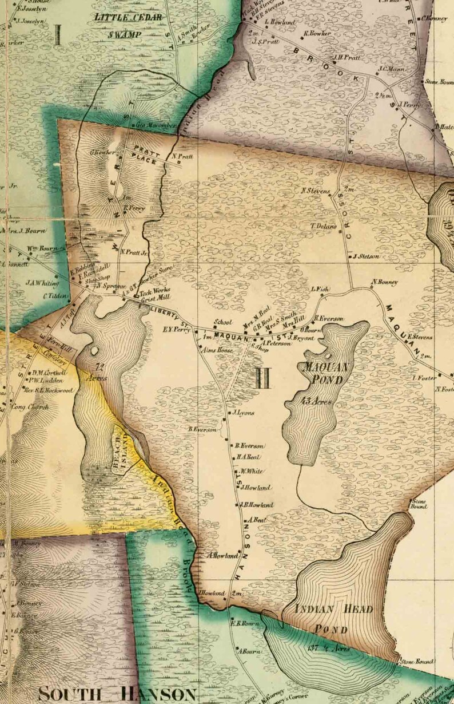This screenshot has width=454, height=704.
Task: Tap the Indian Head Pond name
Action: (x=334, y=619)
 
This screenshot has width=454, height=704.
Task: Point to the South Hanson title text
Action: (x=117, y=694)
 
